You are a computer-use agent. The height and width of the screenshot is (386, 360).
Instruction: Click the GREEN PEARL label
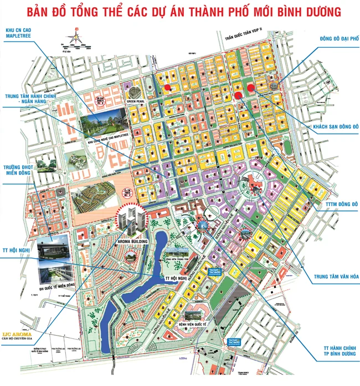[135, 102]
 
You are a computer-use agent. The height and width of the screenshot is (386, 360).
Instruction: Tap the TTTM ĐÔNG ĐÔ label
[339, 205]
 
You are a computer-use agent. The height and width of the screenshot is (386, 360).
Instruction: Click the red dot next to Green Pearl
[167, 88]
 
